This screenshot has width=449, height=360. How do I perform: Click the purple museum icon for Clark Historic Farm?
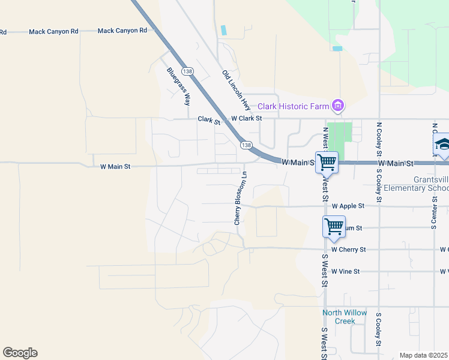(338, 107)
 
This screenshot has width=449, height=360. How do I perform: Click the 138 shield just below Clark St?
(246, 145)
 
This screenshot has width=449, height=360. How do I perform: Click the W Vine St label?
(345, 272)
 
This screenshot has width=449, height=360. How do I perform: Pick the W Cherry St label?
(348, 250)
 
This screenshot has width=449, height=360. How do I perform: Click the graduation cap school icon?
(442, 145)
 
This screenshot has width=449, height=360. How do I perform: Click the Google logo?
(20, 353)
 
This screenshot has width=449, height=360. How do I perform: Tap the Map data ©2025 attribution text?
(424, 355)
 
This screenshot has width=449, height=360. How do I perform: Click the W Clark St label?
(247, 119)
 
